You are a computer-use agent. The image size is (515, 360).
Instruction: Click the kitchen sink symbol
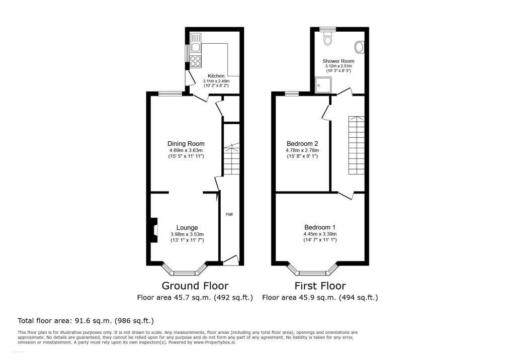[x=195, y=42]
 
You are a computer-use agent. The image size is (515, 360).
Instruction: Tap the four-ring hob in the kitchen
[x=196, y=61]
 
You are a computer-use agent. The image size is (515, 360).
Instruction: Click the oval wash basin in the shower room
[x=359, y=47]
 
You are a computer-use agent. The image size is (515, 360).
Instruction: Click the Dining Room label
[x=186, y=144]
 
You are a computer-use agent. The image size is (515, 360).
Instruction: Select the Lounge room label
[x=187, y=227]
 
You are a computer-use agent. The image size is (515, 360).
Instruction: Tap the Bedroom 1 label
[x=320, y=227]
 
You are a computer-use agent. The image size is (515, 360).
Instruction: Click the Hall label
[x=229, y=214]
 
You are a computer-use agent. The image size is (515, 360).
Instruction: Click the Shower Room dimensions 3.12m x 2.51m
[x=338, y=66]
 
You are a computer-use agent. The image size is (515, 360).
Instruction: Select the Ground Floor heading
[x=195, y=286]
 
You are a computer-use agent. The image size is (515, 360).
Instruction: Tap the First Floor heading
[x=320, y=286]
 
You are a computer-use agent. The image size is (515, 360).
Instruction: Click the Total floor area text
[x=85, y=320]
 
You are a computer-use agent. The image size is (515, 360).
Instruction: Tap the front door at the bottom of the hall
[x=230, y=260]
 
